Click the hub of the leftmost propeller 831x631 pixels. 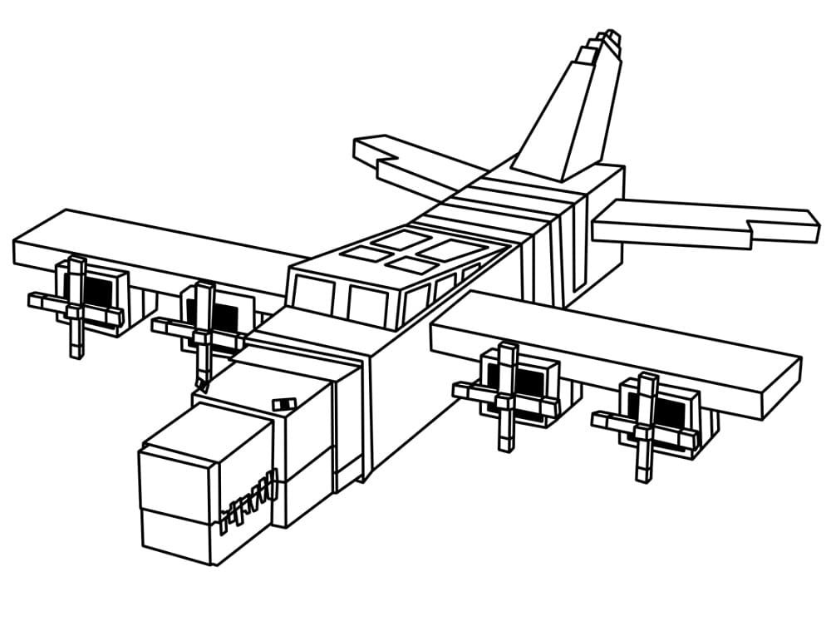click(76, 310)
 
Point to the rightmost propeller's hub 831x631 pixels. click(646, 426)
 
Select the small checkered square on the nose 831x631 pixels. click(284, 404)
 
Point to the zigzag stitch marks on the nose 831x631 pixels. click(248, 501)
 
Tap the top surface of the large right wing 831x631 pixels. click(615, 349)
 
